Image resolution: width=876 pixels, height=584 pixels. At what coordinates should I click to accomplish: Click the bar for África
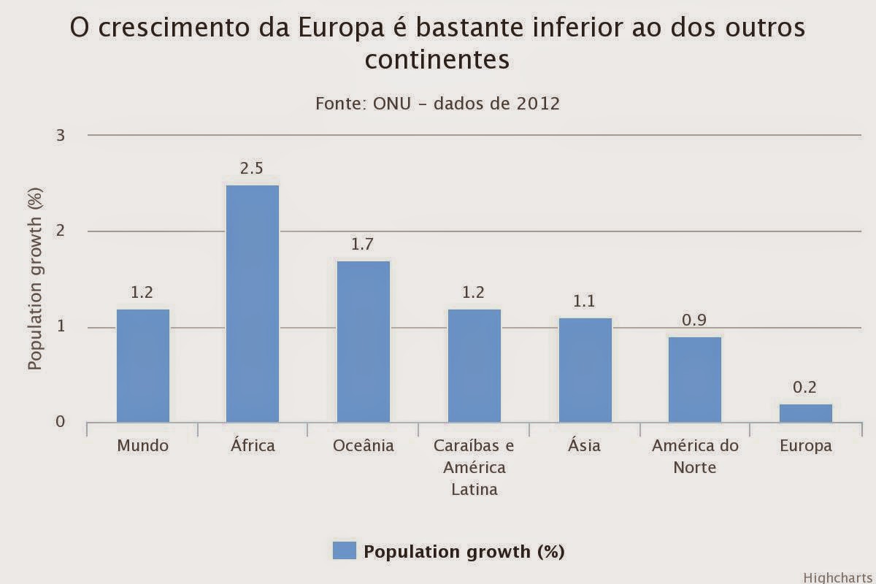pos(253,304)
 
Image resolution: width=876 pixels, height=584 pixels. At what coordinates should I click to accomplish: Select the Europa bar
pos(805,413)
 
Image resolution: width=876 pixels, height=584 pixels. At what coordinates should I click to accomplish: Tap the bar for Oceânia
pos(363,342)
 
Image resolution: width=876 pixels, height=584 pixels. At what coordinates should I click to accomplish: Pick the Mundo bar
pos(143,366)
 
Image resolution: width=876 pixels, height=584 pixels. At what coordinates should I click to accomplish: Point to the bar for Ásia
pos(585,370)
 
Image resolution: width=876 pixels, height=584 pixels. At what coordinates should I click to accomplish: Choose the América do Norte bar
pos(695,380)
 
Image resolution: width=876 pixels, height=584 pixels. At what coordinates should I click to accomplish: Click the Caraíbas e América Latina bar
pos(474,366)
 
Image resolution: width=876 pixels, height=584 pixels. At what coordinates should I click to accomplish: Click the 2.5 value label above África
pos(252,168)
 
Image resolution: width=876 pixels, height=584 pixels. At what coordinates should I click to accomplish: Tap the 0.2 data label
pos(805,387)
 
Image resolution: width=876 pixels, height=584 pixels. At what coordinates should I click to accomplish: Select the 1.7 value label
pos(363,244)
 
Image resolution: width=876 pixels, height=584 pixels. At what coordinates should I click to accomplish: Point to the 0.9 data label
pos(694,320)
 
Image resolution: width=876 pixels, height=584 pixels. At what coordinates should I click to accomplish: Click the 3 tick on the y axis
pos(61,135)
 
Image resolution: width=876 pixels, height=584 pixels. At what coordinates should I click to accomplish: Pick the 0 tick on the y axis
pos(61,422)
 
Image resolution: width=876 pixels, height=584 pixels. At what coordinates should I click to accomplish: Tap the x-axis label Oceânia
pos(363,445)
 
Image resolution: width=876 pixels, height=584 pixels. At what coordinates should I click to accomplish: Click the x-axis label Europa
pos(805,445)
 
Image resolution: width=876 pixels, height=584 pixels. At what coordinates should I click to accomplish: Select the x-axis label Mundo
pos(143,445)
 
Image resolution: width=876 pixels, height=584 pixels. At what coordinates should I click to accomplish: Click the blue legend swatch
pos(344,550)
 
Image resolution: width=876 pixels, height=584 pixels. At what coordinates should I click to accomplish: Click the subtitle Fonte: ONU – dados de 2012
pos(437,103)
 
